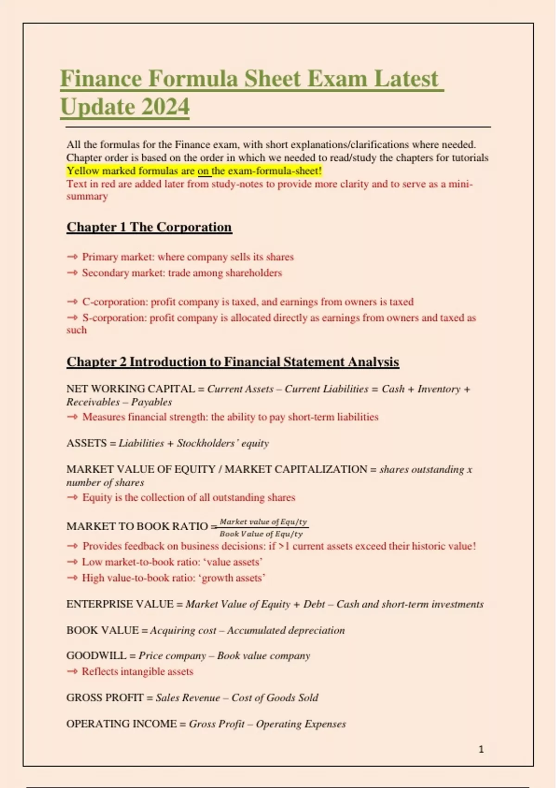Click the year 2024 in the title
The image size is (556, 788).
pos(165,107)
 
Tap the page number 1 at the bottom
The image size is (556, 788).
pos(481,749)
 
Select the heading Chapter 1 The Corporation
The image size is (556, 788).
pos(149,227)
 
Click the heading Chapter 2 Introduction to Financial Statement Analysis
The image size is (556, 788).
pos(233,362)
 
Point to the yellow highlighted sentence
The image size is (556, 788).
pos(194,171)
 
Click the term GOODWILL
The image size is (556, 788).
pos(96,655)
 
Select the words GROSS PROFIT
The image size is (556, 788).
pos(105,698)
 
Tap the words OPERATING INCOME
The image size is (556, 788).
pos(121,724)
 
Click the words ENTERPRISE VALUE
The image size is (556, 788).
pos(120,604)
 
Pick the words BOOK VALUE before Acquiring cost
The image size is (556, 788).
pos(102,630)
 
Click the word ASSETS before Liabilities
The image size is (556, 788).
pos(86,443)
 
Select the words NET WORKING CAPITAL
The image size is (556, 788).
pos(130,389)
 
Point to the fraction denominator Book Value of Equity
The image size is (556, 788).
pos(261,534)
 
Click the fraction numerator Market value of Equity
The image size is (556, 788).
pos(263,521)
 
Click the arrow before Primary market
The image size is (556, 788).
pos(72,257)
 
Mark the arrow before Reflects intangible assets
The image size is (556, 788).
pos(72,671)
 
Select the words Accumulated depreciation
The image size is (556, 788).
pos(286,630)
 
